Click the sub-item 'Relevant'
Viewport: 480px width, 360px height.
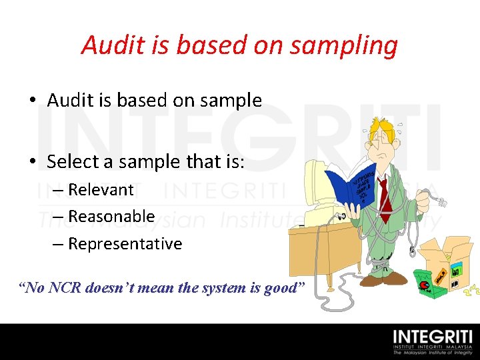coord(101,190)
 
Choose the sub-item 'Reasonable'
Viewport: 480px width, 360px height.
coord(111,217)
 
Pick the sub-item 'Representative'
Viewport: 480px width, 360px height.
coord(125,244)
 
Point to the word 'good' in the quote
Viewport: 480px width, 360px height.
coord(285,288)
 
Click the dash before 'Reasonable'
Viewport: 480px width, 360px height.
coord(58,217)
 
